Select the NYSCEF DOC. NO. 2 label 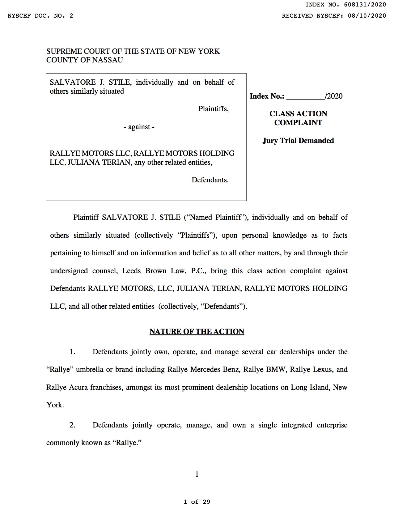click(x=40, y=16)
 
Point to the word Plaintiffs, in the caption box click(x=213, y=109)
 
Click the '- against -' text click(x=139, y=127)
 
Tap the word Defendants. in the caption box click(x=210, y=180)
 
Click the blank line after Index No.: click(x=305, y=96)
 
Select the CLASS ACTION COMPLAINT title click(x=298, y=118)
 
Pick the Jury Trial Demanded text click(x=298, y=141)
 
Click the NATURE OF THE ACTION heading click(x=197, y=332)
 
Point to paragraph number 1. click(x=72, y=352)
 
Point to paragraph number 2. click(x=72, y=425)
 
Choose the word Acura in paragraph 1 click(x=77, y=387)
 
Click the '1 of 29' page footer click(x=197, y=502)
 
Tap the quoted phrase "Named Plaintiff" click(x=216, y=217)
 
